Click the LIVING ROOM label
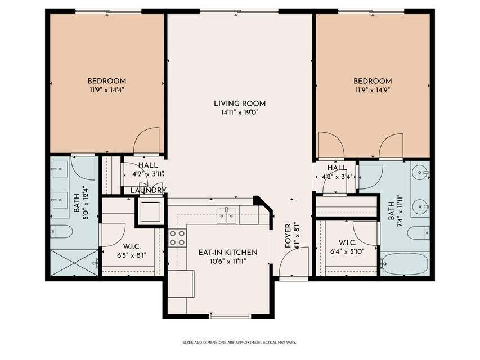coord(240,103)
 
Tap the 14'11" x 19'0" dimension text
coord(240,112)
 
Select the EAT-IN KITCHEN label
coord(228,252)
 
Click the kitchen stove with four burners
coord(177,237)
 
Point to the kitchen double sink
coord(227,216)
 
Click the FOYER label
coord(288,236)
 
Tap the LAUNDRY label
coord(148,191)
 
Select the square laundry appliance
coord(150,211)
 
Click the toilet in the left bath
coord(61,231)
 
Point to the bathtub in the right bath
coord(405,264)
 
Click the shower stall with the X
coord(74,263)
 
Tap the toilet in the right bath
coord(419,233)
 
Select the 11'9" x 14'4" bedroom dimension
coord(106,90)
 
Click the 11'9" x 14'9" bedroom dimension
coord(373,90)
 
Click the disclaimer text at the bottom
coord(239,343)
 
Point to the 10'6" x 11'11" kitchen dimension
coord(228,261)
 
